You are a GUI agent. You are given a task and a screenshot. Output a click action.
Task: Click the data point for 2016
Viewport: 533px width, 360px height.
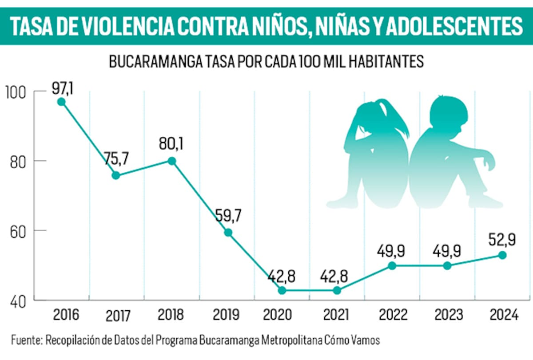point(61,102)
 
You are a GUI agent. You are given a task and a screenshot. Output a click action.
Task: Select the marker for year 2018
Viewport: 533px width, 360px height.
point(171,161)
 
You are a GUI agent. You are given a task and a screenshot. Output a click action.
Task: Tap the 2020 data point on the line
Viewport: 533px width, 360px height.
point(282,290)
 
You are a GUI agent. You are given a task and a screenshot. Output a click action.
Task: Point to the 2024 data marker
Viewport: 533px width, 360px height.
point(502,255)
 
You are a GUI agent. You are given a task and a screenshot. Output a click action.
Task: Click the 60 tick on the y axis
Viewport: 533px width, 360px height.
point(17,231)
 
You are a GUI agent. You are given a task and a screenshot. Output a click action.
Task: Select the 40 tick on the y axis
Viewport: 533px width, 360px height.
point(17,301)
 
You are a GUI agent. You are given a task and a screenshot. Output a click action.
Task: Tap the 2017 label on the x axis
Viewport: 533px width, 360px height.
point(118,316)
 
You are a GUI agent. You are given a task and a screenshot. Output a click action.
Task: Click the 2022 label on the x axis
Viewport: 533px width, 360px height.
point(393,315)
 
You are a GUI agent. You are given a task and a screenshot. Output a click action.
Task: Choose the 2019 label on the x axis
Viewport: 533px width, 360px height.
point(227,315)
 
